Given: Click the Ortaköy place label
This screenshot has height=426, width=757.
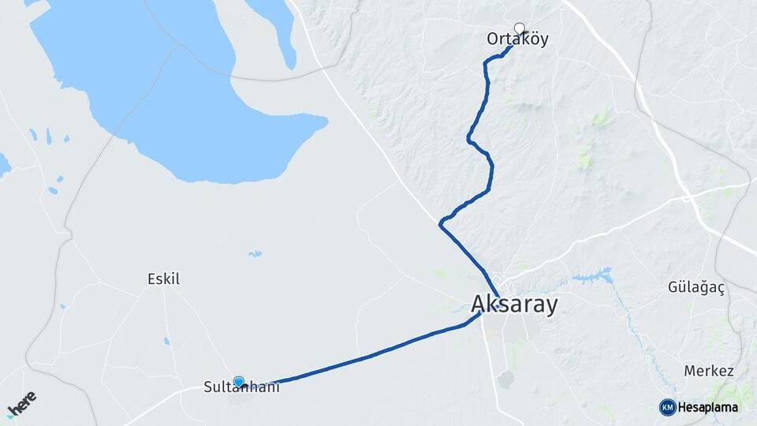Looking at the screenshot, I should click(517, 39).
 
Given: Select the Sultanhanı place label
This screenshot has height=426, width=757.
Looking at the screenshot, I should click(241, 387).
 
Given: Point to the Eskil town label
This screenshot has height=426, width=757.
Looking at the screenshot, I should click(164, 278).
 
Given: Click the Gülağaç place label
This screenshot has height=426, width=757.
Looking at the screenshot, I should click(697, 287).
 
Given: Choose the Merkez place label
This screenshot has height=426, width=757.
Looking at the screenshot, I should click(709, 371).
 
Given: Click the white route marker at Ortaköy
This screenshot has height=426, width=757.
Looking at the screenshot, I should click(519, 28).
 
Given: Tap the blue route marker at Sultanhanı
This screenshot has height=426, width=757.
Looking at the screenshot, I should click(238, 382).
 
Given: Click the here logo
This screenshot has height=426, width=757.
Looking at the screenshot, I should click(21, 404).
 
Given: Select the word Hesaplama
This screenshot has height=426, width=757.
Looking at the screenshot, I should click(707, 407).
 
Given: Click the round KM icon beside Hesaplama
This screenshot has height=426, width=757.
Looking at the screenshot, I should click(667, 407).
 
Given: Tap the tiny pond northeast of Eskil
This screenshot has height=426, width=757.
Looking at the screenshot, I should click(255, 254).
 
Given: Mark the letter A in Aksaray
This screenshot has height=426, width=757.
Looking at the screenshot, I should click(479, 304).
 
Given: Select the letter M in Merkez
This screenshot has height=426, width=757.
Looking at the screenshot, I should click(689, 371).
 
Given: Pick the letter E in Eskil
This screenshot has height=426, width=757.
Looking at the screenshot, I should click(151, 278).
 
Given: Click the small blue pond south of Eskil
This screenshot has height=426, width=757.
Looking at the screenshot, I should click(166, 341).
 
